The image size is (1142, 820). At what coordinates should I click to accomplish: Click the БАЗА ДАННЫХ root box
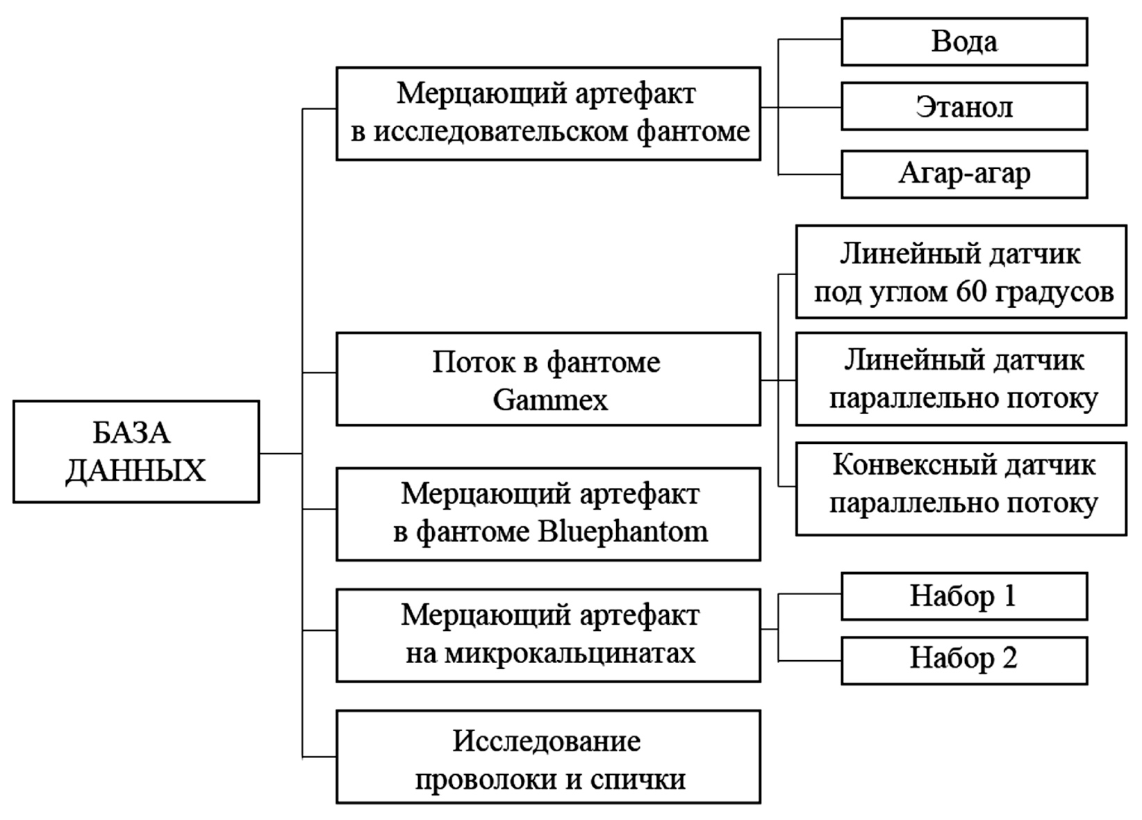click(136, 452)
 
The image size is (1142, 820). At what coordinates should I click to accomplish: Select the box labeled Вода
click(963, 42)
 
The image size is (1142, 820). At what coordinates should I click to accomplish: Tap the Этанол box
click(963, 106)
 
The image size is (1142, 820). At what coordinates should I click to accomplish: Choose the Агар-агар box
click(963, 174)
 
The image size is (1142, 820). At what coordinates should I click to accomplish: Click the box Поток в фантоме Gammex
click(548, 379)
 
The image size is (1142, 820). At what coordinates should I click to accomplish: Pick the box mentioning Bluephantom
click(548, 514)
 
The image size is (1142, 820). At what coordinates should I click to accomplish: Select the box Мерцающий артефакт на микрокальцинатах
click(548, 635)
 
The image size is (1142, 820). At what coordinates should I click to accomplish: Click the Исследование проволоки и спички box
click(548, 757)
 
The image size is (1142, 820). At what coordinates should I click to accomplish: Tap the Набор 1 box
click(963, 596)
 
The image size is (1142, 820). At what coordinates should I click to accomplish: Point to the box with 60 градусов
click(961, 272)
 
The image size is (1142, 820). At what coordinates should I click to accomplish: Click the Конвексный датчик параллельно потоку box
click(961, 489)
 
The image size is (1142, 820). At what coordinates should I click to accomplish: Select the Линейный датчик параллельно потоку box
click(961, 379)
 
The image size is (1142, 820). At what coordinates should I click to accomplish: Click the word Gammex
click(550, 400)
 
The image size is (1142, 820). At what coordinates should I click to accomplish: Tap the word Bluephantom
click(623, 532)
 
